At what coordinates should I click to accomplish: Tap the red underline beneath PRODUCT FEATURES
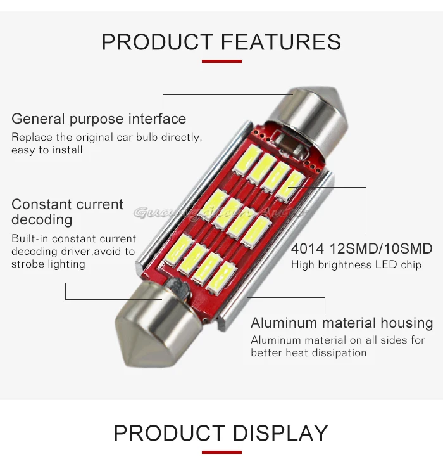(x=221, y=61)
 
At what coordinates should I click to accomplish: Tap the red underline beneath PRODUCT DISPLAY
(x=221, y=452)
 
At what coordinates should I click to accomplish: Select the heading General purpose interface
(x=99, y=119)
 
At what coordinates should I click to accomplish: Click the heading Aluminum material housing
(x=342, y=323)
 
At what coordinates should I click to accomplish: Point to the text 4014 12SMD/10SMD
(x=361, y=248)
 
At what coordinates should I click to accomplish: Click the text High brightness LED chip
(x=356, y=264)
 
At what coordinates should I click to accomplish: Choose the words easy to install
(x=47, y=150)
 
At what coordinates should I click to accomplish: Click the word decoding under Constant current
(x=42, y=220)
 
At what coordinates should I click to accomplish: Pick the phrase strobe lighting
(x=48, y=264)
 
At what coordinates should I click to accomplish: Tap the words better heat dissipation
(x=308, y=352)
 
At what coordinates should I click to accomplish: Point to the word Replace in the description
(x=30, y=137)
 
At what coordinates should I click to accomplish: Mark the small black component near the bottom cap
(x=180, y=290)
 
